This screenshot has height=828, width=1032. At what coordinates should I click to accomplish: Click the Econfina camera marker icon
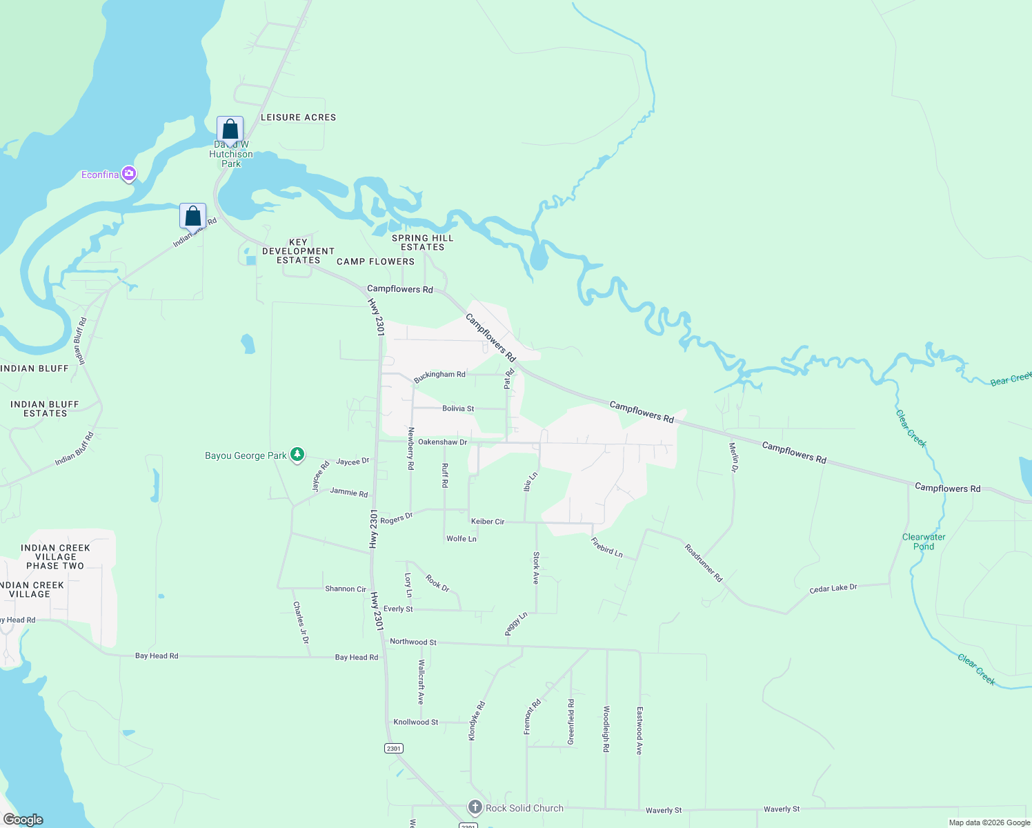(x=128, y=174)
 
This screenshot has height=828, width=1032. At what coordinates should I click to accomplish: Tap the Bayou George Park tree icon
(x=297, y=455)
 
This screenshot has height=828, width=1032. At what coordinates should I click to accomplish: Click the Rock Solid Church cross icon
(x=475, y=807)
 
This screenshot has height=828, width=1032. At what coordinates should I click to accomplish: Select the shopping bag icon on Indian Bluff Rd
(x=193, y=216)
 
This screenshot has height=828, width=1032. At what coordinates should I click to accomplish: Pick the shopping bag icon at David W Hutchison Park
(x=230, y=129)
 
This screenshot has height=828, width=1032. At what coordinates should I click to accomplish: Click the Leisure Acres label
(x=298, y=117)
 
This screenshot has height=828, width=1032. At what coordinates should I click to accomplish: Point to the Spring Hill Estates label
(x=422, y=242)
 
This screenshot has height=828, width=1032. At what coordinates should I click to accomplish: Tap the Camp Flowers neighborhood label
(x=375, y=262)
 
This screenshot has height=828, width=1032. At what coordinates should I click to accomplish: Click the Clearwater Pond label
(x=924, y=542)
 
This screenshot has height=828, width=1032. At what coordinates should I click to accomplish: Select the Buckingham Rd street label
(x=439, y=375)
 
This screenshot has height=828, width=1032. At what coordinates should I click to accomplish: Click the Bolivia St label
(x=458, y=408)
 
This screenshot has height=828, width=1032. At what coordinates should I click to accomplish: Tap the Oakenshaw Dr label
(x=442, y=442)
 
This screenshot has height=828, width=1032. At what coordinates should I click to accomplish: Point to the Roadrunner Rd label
(x=703, y=563)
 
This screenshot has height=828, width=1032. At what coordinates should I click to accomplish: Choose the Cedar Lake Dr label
(x=833, y=589)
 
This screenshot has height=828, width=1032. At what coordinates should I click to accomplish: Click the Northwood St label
(x=413, y=642)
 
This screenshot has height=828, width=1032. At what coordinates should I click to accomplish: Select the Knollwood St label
(x=415, y=722)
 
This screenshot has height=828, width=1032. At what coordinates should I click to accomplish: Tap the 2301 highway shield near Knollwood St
(x=393, y=749)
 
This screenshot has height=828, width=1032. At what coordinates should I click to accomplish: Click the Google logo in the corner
(x=23, y=820)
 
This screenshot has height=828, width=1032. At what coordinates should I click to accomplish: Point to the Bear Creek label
(x=1011, y=379)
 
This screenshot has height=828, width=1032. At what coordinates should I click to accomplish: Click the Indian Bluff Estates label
(x=45, y=408)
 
